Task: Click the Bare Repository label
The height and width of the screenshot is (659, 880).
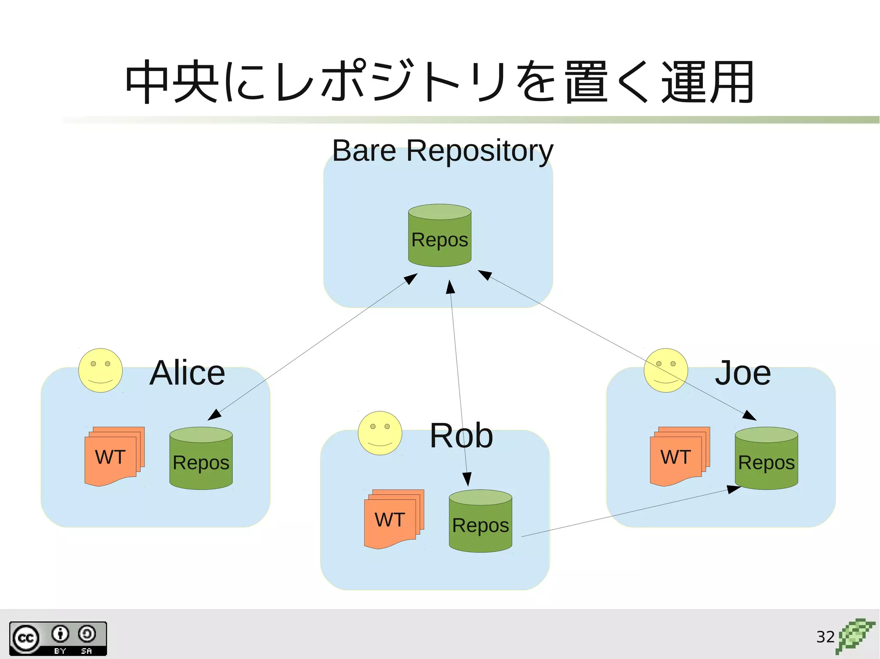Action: click(443, 151)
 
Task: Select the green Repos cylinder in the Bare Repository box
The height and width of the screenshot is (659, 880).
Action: click(440, 236)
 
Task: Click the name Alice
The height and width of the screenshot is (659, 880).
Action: click(187, 373)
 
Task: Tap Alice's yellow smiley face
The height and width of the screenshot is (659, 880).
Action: click(101, 370)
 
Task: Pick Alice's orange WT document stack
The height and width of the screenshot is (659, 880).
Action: click(114, 456)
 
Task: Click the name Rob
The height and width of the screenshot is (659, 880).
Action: click(461, 436)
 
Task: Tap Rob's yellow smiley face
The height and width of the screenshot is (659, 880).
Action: click(380, 433)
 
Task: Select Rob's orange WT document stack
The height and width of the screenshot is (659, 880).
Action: click(393, 519)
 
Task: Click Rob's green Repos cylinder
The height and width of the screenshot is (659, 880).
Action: click(480, 521)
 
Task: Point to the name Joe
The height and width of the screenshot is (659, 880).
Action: click(742, 373)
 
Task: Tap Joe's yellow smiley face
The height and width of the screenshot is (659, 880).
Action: click(666, 370)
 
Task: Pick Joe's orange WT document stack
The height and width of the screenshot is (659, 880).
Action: click(679, 456)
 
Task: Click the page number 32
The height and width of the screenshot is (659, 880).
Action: click(825, 637)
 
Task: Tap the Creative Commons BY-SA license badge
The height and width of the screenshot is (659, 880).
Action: click(58, 638)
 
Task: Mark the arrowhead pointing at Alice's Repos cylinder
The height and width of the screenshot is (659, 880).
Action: click(214, 415)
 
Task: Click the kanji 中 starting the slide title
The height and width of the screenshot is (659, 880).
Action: click(147, 82)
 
